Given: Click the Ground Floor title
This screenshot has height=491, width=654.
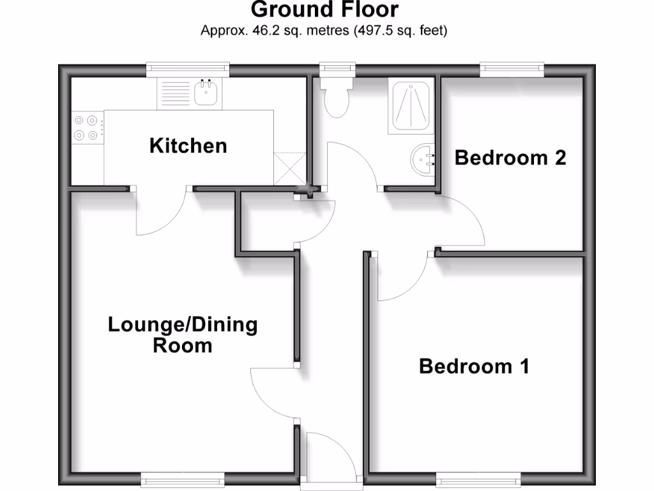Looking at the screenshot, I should pos(324,10).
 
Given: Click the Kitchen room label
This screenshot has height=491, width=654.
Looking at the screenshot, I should pos(188,146).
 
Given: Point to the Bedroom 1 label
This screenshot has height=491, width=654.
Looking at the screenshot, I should pos(474,366).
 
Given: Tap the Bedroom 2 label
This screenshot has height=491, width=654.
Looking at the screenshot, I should pos(510,157).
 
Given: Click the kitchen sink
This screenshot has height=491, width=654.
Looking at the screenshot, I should pos(207,93).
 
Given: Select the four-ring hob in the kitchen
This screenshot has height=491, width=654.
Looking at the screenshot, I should pos(86,127).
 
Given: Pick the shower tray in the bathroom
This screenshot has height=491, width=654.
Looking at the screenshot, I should pos(411,105).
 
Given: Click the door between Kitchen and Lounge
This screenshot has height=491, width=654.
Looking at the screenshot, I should pos(161,214).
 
